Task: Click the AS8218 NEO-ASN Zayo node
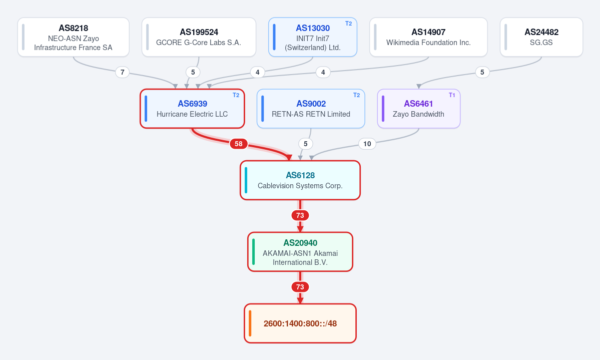click(74, 37)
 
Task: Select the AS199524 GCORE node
click(199, 37)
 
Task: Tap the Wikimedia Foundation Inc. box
click(428, 37)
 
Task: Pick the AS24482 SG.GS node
click(541, 37)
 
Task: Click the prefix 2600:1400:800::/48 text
click(300, 323)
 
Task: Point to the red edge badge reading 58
click(238, 144)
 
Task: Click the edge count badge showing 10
click(367, 144)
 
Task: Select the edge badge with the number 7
click(123, 72)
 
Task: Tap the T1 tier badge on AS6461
click(452, 95)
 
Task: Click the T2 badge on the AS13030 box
click(349, 24)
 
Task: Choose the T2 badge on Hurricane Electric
click(236, 95)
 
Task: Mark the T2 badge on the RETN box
click(357, 95)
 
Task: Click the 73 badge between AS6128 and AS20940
click(300, 215)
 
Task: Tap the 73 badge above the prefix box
click(300, 287)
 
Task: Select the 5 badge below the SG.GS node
click(482, 72)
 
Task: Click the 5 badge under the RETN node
click(305, 144)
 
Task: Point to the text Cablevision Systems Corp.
click(300, 186)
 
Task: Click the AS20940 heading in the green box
click(300, 243)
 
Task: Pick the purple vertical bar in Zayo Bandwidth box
click(383, 109)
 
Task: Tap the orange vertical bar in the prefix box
click(250, 323)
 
